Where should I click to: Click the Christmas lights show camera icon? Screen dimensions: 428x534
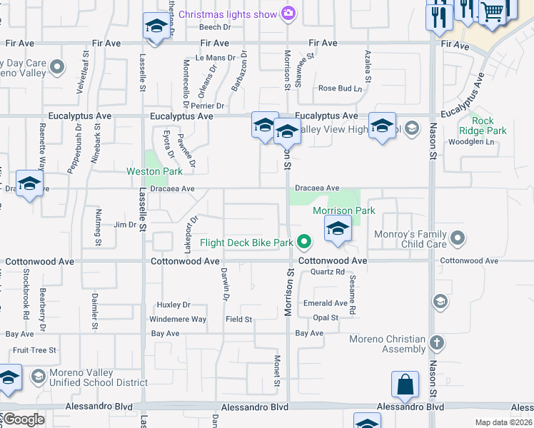tap(288, 13)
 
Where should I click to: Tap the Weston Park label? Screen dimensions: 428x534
tap(154, 171)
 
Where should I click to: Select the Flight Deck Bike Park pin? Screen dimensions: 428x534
tap(304, 243)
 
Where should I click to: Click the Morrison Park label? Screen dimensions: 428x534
tap(343, 210)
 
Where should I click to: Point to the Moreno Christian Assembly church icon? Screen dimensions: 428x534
tap(437, 344)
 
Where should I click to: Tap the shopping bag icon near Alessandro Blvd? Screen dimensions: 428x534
tap(405, 384)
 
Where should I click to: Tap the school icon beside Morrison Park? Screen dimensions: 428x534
tap(337, 229)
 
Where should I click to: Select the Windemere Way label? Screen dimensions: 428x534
tap(178, 319)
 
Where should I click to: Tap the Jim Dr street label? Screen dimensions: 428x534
tap(125, 225)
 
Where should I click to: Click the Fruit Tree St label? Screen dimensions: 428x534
tap(34, 350)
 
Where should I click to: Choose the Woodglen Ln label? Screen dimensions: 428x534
tap(470, 142)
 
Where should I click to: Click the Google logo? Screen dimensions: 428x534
tap(24, 419)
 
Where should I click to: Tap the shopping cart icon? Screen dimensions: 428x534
tap(492, 11)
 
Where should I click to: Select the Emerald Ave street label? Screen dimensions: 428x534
tap(325, 303)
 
